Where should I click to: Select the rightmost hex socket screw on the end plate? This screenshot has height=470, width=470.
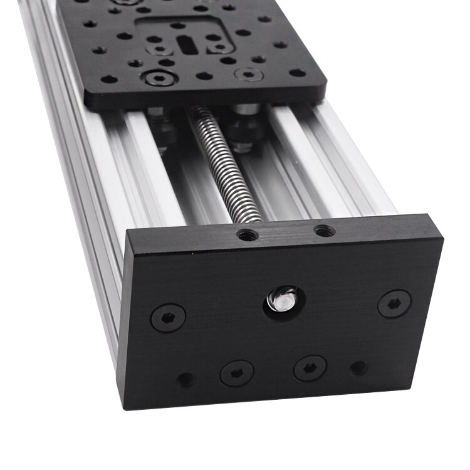tap(394, 303)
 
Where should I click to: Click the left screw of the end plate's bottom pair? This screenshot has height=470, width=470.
tap(237, 373)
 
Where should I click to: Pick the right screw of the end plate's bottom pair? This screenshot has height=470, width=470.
tap(310, 368)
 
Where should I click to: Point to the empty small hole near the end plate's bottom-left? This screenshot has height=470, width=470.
tap(185, 379)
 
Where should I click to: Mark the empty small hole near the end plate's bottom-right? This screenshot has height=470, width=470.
tap(358, 368)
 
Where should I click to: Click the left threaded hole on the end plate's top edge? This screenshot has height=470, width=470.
tap(248, 236)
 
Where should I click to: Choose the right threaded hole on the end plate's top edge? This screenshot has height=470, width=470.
tap(323, 231)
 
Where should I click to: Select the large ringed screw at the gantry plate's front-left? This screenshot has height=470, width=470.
tap(154, 79)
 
